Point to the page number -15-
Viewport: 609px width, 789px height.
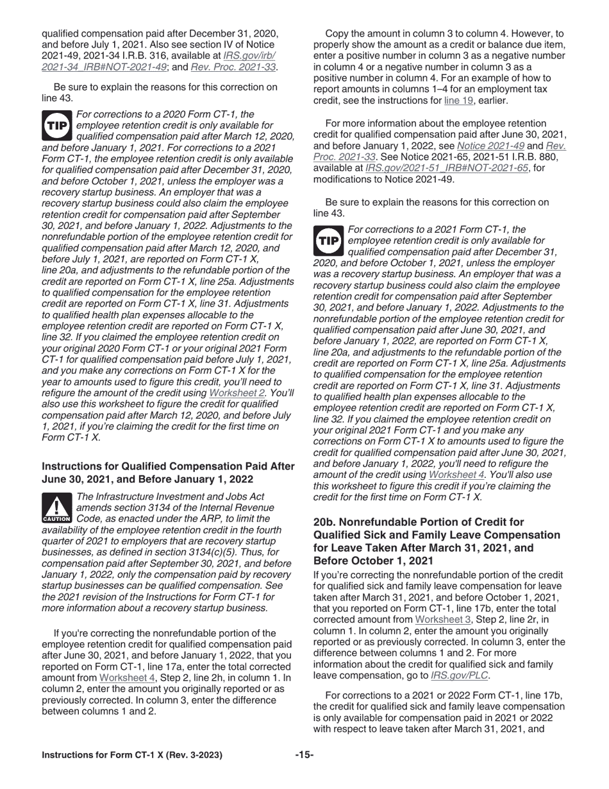pyautogui.click(x=304, y=755)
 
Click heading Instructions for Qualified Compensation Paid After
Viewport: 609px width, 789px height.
pyautogui.click(x=168, y=466)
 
